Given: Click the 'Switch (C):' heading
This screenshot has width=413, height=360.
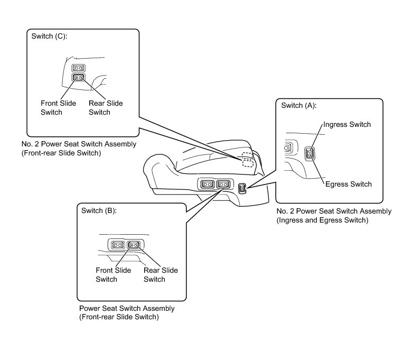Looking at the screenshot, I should click(50, 37).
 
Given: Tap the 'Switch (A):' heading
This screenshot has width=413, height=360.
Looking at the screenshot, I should click(299, 105).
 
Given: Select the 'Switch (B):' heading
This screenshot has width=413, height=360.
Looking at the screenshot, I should click(99, 210).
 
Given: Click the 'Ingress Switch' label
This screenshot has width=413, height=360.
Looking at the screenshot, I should click(347, 125).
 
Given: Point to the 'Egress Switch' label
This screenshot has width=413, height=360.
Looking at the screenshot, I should click(349, 184).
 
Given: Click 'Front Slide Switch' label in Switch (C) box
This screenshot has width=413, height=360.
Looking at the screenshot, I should click(58, 107).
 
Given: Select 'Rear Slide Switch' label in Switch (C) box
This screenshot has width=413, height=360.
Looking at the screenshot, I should click(106, 107).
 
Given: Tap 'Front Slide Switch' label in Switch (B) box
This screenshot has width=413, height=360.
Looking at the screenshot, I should click(113, 274).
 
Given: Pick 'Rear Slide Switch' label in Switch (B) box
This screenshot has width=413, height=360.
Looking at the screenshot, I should click(161, 274).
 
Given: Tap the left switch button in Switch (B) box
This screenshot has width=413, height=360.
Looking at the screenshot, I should click(117, 245).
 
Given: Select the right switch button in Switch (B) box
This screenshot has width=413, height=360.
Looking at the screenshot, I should click(134, 245).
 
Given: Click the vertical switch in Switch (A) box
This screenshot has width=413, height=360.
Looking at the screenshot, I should click(310, 154).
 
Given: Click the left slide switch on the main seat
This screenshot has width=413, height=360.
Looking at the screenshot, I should click(207, 184).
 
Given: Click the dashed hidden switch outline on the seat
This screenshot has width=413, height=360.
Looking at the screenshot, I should click(247, 160).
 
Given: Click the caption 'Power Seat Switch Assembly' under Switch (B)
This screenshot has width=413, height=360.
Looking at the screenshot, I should click(127, 308).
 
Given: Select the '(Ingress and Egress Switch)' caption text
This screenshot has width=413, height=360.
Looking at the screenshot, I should click(323, 220).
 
